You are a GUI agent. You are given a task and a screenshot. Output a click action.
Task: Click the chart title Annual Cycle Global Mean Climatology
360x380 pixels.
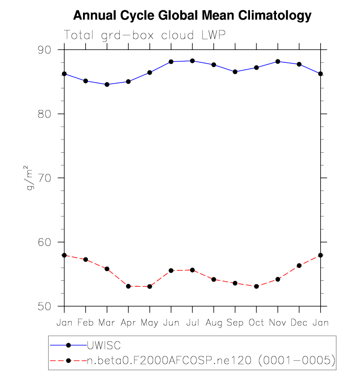[x=192, y=16]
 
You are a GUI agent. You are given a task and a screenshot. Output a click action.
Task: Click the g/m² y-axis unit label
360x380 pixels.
[x=31, y=178]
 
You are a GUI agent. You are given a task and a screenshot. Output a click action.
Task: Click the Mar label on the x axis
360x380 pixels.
[x=107, y=323]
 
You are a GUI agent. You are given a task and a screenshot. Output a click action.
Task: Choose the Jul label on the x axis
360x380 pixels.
[x=193, y=323]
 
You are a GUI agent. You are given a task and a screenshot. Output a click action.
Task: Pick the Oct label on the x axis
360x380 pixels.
[x=256, y=323]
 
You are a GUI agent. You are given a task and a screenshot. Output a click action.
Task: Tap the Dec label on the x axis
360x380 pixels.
[x=299, y=323]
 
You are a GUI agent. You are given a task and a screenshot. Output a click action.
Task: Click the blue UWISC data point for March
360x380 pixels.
[x=107, y=84]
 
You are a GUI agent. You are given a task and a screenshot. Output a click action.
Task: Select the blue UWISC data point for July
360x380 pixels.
[x=193, y=61]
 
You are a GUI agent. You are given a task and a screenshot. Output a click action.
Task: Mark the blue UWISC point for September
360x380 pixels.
[x=235, y=72]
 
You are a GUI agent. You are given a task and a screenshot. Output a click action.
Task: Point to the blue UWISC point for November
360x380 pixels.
[x=278, y=61]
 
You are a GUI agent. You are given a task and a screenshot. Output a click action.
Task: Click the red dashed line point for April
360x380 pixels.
[x=129, y=286]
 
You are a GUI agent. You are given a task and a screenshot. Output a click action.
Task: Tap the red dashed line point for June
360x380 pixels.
[x=171, y=271]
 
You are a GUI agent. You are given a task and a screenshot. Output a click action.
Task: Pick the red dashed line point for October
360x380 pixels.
[x=256, y=286]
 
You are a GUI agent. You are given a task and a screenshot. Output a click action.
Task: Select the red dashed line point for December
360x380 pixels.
[x=299, y=266]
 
